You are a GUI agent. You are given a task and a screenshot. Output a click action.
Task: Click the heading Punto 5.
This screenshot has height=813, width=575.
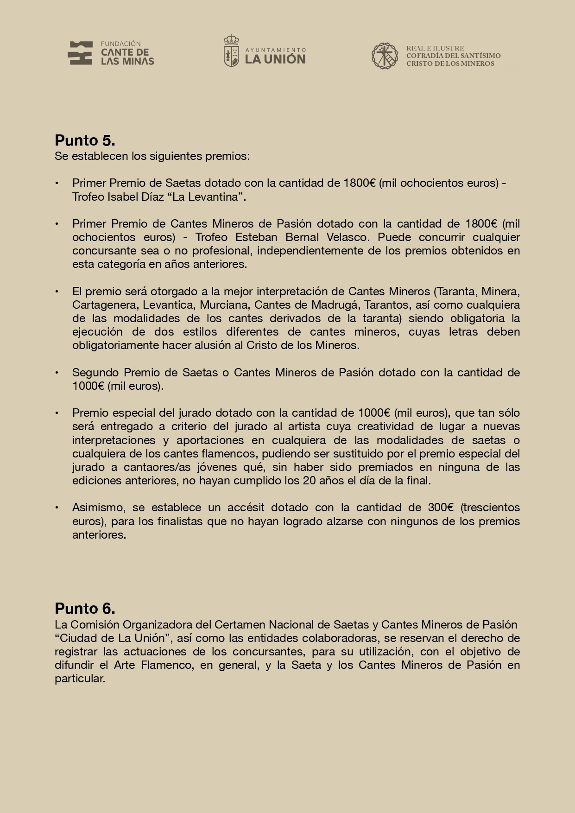coord(85,140)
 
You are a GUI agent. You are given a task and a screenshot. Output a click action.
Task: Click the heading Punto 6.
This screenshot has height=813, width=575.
coord(85,609)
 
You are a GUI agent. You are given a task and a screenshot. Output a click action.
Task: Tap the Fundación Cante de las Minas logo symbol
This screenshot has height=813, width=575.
coord(80,53)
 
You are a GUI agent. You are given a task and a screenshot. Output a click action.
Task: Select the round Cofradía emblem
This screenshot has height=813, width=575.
coord(385,56)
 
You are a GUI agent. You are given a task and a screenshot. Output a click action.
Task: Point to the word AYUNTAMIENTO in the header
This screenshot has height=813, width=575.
coord(275,50)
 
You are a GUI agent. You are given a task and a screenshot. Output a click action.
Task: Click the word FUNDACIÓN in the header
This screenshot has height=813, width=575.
coord(120,44)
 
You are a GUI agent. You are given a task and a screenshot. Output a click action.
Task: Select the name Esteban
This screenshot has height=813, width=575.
coord(256,237)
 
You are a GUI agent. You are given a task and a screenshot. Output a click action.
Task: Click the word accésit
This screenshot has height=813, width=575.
coord(239,508)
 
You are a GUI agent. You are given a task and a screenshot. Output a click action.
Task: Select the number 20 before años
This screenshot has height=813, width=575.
coord(309,481)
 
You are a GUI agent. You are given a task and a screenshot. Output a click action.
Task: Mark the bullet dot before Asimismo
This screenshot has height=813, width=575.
coord(57,508)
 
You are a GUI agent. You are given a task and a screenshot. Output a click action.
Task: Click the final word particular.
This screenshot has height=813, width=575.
coord(80,679)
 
